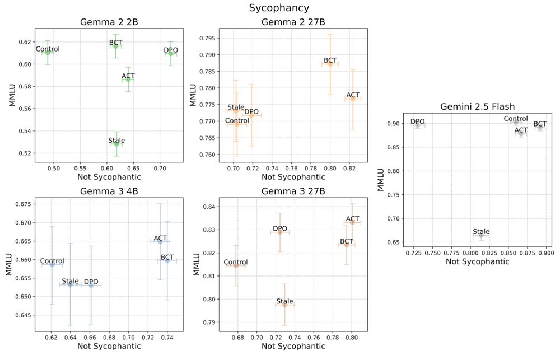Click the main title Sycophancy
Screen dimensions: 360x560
click(x=279, y=8)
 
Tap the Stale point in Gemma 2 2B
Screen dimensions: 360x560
click(x=116, y=144)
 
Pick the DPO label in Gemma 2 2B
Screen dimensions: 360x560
click(x=171, y=50)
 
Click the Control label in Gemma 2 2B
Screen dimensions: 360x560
click(x=48, y=49)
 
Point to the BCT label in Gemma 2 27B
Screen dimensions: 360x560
click(x=330, y=60)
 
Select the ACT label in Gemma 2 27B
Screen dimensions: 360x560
click(x=353, y=95)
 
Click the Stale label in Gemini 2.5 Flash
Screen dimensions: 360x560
click(x=481, y=231)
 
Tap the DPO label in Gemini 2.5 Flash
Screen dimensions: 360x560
click(x=418, y=121)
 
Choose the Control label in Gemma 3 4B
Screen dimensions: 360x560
click(x=52, y=261)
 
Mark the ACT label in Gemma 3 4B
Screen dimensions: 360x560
click(x=160, y=238)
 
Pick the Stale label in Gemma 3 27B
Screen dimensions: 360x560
click(x=284, y=301)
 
